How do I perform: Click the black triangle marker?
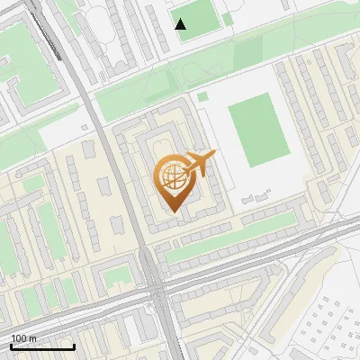click(181, 24)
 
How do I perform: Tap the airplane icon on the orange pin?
click(200, 165)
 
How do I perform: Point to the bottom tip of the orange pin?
click(172, 212)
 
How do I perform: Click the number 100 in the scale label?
click(20, 337)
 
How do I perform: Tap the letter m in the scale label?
click(33, 337)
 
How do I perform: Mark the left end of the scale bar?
click(11, 346)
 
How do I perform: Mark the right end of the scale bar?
click(74, 346)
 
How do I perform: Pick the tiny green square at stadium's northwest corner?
click(202, 96)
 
